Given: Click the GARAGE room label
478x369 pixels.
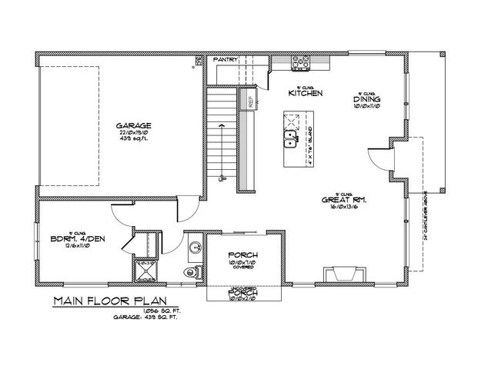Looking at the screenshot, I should pos(132,125).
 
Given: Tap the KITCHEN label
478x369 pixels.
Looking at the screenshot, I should pos(305,93).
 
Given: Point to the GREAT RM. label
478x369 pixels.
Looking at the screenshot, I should pos(343,199).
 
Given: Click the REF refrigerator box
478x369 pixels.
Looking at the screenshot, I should pos(250,98).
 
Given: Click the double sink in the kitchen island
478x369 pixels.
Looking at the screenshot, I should pos(292,139).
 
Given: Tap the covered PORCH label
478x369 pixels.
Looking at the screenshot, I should pos(243,254).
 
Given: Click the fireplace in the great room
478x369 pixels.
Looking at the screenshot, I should pos(339,274).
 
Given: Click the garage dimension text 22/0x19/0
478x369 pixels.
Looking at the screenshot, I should pos(132,134).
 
